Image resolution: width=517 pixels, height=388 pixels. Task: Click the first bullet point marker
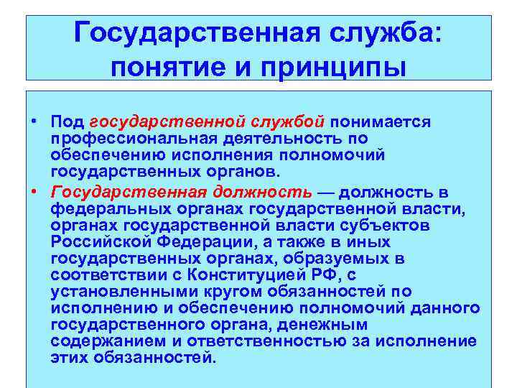[34, 121]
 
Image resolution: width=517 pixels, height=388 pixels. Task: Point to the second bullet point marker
[34, 192]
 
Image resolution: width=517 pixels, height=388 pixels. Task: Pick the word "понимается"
[381, 122]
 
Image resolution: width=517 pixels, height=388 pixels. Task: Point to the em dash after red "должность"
[326, 193]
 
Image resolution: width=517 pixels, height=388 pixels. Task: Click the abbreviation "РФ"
[330, 274]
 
